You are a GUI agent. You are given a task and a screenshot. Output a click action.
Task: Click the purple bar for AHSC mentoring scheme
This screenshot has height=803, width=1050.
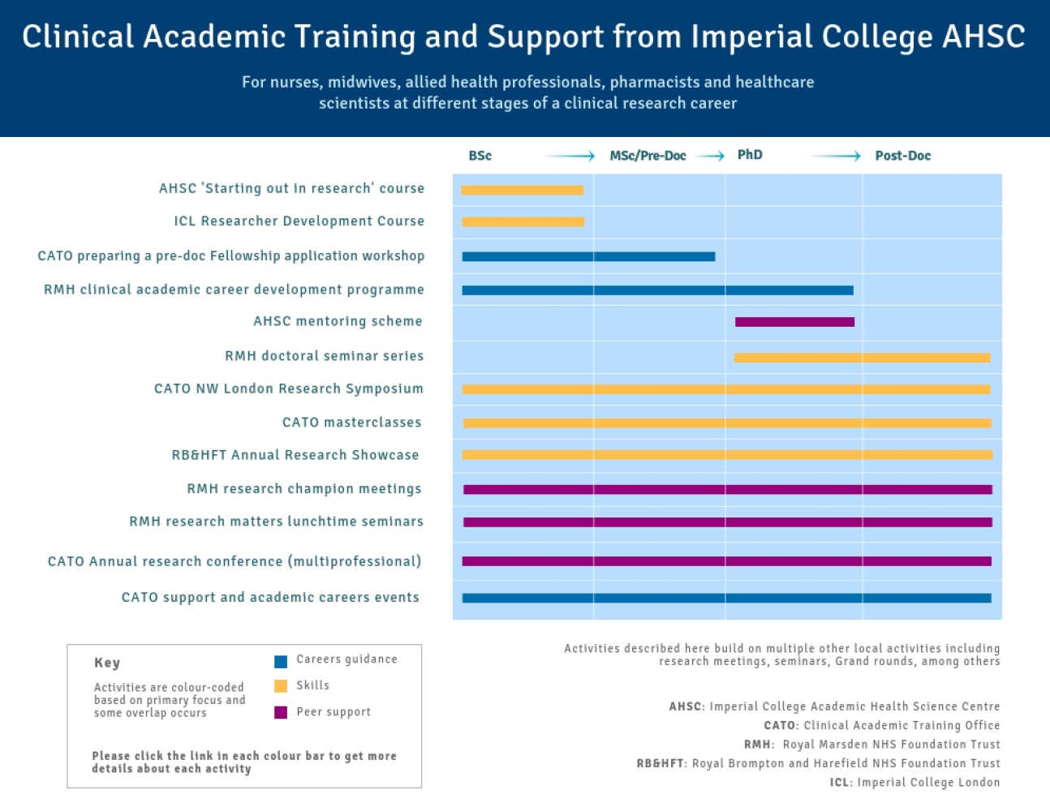point(794,322)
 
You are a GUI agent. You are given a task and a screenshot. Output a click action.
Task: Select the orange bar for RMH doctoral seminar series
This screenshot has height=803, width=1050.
point(862,358)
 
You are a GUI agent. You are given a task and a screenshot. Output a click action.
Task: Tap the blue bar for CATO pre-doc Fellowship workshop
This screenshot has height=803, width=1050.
point(588,256)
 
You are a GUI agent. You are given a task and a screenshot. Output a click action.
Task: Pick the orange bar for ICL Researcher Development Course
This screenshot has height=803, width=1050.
point(523,221)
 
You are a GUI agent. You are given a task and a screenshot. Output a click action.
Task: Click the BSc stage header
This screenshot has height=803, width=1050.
point(480,156)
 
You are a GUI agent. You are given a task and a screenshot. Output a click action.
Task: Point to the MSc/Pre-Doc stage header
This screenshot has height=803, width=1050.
point(648,156)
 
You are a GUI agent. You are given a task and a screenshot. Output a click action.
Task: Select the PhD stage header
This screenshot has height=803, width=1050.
point(750,155)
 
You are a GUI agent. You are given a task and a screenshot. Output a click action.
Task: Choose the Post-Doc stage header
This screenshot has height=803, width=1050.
point(902,156)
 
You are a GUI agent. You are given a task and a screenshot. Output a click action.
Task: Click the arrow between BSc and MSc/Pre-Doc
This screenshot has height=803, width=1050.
point(570,156)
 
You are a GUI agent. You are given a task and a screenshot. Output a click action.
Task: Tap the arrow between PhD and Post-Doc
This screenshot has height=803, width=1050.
point(836,156)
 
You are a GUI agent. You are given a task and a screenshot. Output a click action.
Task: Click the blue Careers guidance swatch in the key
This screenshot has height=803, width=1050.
point(281,661)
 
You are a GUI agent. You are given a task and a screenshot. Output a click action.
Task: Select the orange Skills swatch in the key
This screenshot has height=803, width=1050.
point(281,686)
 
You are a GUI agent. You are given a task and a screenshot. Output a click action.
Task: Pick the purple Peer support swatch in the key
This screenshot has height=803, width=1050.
point(281,712)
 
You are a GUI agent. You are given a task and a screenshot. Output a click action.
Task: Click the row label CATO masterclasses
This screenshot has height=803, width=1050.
point(351,423)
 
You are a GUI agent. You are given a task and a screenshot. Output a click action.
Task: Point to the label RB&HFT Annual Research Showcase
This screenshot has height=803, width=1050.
point(295,455)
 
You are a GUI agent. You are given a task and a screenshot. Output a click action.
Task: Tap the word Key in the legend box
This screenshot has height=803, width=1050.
point(107,663)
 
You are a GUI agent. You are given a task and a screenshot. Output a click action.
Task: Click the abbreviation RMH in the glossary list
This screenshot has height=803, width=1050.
point(757,745)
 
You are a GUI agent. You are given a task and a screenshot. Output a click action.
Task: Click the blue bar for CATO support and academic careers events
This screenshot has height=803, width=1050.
point(726,599)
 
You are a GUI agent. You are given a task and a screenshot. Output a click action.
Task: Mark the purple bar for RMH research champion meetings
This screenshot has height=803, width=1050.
point(727,490)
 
